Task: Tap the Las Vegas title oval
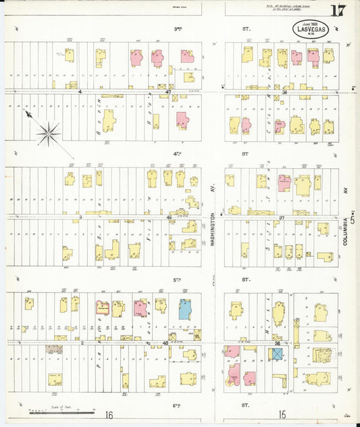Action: pyautogui.click(x=309, y=29)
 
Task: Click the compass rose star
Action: pyautogui.click(x=49, y=134)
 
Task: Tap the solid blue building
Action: pyautogui.click(x=184, y=309)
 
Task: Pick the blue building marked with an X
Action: pyautogui.click(x=277, y=353)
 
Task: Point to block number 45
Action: pyautogui.click(x=166, y=344)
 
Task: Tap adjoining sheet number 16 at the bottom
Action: pyautogui.click(x=109, y=415)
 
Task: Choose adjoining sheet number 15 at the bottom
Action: pyautogui.click(x=283, y=413)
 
